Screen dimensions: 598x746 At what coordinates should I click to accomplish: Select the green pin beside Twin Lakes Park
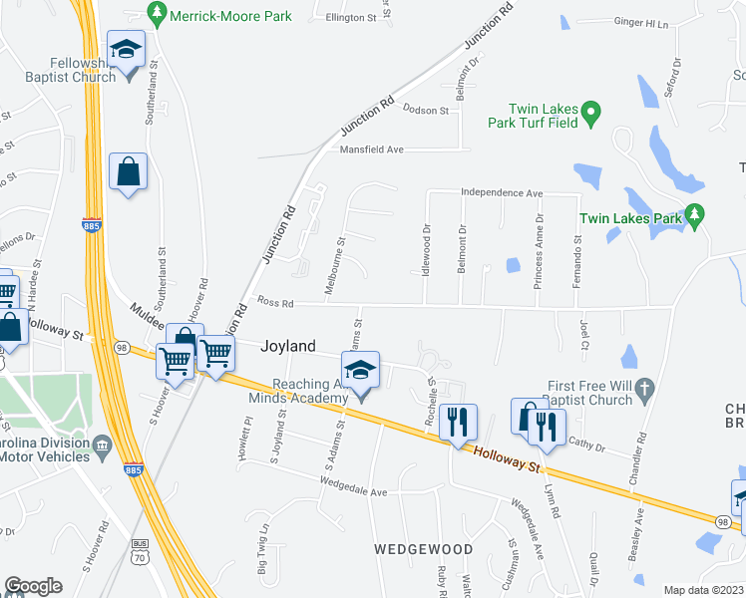coord(695,215)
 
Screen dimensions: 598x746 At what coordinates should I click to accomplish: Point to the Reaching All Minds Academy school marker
coord(361,373)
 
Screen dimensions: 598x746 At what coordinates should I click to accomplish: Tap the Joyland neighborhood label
coord(288,347)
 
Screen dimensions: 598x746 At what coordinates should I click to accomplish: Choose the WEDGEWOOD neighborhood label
coord(423,549)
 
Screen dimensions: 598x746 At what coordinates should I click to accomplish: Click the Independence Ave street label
coord(501,193)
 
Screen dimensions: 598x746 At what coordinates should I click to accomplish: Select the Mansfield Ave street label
coord(371,149)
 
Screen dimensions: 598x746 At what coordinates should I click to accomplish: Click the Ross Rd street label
coord(275,302)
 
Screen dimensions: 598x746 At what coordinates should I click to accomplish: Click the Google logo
coord(33,586)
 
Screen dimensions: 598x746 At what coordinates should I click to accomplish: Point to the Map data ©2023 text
coord(703,590)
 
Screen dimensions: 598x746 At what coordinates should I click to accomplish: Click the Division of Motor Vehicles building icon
coord(102,444)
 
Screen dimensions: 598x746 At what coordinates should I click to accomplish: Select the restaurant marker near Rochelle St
coord(458,422)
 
